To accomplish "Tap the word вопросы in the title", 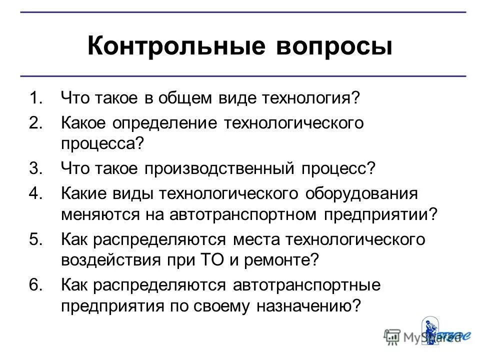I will click(333, 46).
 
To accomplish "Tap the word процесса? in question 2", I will click(102, 144).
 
